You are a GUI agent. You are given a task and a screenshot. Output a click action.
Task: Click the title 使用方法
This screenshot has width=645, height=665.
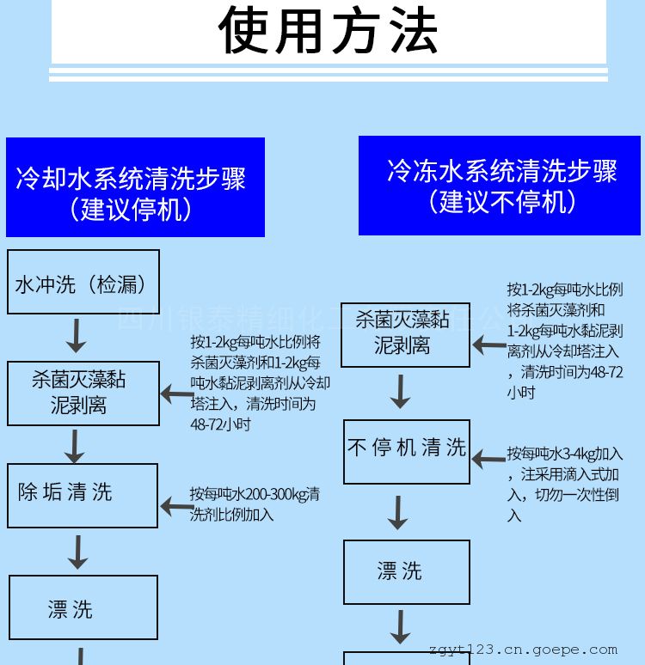pos(329,31)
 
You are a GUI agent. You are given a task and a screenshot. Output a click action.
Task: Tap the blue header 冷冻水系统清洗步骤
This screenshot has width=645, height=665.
pos(499,185)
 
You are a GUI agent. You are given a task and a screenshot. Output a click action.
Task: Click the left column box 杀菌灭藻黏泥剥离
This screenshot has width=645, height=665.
pos(83,393)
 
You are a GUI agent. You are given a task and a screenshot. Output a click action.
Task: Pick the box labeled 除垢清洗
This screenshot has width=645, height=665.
pos(83,495)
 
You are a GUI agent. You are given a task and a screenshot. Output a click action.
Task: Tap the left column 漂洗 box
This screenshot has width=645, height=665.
pos(83,607)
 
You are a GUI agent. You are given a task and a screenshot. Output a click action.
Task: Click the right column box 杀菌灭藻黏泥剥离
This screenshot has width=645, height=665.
pos(406,334)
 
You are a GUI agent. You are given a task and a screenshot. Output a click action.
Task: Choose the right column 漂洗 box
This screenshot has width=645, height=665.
pos(407,571)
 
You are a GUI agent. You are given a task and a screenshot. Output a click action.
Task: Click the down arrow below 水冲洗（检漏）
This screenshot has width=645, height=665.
pos(77,335)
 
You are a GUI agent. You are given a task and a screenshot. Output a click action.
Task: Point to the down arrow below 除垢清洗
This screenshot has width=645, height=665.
pos(78,552)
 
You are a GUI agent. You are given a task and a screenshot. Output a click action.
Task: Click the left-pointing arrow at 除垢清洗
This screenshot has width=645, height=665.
pos(177,507)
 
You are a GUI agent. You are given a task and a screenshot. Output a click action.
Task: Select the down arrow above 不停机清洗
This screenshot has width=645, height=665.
pos(400,392)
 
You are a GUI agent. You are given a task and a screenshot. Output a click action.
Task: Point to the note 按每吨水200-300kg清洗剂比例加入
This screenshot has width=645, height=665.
pos(255,504)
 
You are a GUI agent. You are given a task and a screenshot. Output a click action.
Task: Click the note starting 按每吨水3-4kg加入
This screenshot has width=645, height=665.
pos(564,484)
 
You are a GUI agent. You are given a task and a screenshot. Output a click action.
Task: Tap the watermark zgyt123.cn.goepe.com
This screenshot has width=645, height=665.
pos(522,650)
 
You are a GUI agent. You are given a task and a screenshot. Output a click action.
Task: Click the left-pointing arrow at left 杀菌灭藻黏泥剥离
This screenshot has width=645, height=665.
pos(177,395)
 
